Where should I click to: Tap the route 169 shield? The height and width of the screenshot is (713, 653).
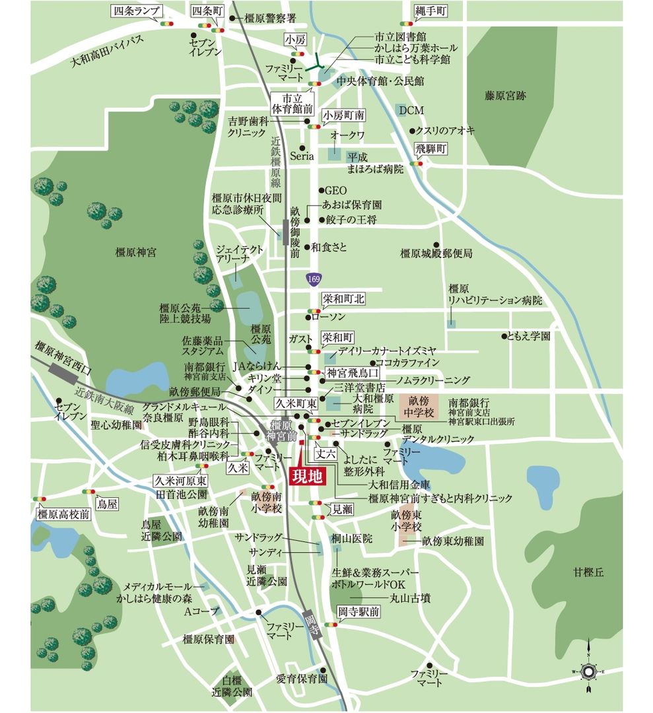[x=313, y=280]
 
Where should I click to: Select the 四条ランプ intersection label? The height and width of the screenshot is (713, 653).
[x=136, y=11]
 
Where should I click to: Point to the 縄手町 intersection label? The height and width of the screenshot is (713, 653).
[x=431, y=11]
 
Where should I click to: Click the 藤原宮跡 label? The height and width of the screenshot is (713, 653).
[x=505, y=96]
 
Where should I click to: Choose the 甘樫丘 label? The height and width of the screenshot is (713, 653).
[x=589, y=572]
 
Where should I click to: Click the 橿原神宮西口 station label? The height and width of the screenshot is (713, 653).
[x=64, y=358]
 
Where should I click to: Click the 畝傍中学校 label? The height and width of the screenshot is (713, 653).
[x=419, y=405]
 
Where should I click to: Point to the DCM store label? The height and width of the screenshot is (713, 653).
[x=411, y=110]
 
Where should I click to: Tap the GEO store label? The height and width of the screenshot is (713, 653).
[x=335, y=191]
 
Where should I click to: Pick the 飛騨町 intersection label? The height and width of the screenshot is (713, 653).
[x=430, y=149]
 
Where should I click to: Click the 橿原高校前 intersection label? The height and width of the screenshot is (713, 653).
[x=63, y=514]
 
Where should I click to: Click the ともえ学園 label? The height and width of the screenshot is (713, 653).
[x=528, y=336]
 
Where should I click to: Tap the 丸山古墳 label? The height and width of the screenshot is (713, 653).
[x=410, y=598]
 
